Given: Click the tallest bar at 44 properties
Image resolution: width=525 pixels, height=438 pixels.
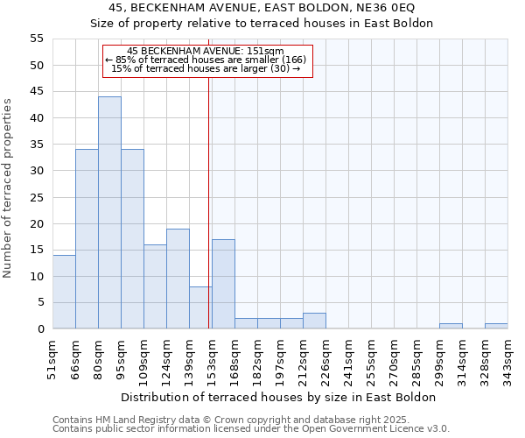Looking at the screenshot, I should point(109,213).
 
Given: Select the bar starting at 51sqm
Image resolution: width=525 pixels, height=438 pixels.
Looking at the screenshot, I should point(64,292).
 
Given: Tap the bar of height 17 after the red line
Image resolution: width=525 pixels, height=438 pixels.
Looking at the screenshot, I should point(223,284).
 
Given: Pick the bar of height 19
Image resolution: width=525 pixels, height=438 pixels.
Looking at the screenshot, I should point(178,279).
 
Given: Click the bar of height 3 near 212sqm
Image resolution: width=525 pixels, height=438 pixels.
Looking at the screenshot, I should point(314,321).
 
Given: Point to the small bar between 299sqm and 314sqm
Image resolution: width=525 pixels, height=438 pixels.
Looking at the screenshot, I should point(451,326).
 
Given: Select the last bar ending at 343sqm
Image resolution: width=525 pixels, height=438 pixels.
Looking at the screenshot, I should point(496,326).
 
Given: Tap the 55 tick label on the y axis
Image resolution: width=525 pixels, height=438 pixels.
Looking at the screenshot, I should point(37,39).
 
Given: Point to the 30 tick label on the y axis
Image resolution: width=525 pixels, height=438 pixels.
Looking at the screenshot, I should point(37,171).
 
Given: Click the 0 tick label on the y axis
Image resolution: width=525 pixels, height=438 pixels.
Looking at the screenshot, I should point(40,329).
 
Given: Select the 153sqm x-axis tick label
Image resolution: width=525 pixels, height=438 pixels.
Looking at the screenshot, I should point(212,360).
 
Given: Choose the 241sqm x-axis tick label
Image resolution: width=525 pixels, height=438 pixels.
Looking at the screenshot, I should point(348,360).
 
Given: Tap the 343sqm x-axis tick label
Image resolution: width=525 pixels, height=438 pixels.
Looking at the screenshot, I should point(507,360).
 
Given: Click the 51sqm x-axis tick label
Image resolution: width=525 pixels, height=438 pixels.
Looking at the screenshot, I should point(52,360).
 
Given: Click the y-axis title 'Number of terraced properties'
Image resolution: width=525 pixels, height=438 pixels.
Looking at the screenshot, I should point(8,188).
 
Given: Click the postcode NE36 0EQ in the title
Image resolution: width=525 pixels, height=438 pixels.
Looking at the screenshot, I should point(376,7).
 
